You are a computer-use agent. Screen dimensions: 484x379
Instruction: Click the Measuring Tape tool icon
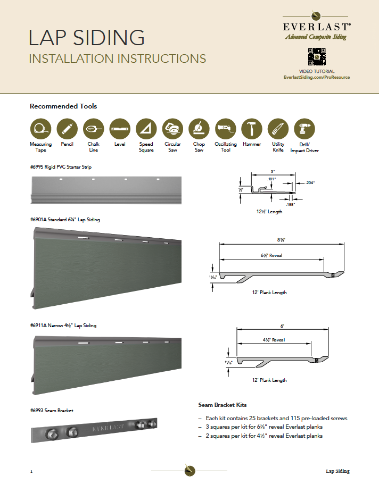[40, 129]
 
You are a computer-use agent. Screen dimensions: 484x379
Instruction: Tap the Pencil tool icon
[67, 129]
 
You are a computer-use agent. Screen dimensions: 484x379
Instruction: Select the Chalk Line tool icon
[94, 129]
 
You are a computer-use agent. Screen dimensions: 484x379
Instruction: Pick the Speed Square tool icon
[146, 129]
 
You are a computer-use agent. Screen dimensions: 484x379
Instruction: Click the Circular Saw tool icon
[172, 129]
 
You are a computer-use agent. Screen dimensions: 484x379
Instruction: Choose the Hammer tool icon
[252, 129]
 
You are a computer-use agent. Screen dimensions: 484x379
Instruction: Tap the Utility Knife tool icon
[278, 129]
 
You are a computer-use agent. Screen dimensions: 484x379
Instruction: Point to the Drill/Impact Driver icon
[304, 129]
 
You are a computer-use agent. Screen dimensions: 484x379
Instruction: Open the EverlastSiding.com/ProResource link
[317, 77]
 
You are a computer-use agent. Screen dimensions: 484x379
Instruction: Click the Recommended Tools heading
[63, 106]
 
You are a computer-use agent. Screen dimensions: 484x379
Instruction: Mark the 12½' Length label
[269, 212]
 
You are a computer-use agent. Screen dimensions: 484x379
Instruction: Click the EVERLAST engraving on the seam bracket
[109, 427]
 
